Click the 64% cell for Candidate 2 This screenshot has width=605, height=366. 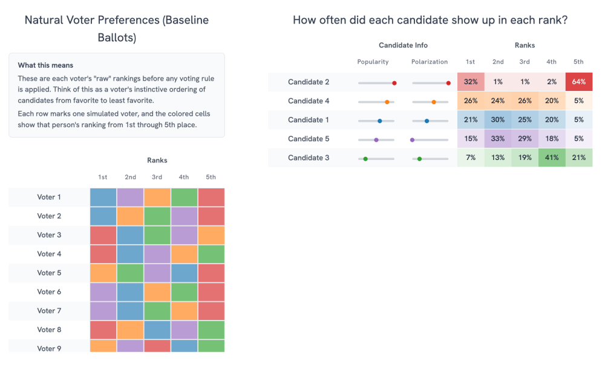click(x=579, y=82)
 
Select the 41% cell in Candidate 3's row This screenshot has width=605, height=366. click(x=552, y=158)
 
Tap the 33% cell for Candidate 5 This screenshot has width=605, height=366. click(x=498, y=138)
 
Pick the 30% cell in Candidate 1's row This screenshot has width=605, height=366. click(x=498, y=119)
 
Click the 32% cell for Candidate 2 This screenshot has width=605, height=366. click(x=471, y=82)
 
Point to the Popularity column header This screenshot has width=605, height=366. click(x=373, y=62)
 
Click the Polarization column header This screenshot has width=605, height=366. click(x=430, y=62)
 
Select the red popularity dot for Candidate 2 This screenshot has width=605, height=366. click(x=394, y=82)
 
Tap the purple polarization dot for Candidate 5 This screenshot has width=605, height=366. click(x=413, y=140)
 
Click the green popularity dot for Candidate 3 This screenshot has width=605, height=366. click(x=365, y=159)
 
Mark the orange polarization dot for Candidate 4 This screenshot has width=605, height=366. click(x=434, y=102)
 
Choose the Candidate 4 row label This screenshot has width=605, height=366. click(x=309, y=101)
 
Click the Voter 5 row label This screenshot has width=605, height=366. click(x=49, y=273)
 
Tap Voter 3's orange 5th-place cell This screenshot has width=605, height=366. click(x=211, y=235)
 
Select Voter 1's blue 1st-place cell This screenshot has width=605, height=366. click(x=103, y=197)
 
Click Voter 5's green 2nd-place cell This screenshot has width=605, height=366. click(x=131, y=273)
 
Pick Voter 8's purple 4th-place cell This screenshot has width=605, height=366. click(x=185, y=330)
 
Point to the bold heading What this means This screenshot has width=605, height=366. click(x=45, y=65)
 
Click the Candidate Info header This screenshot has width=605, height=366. click(x=403, y=45)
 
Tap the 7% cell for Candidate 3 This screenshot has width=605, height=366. click(x=471, y=158)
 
